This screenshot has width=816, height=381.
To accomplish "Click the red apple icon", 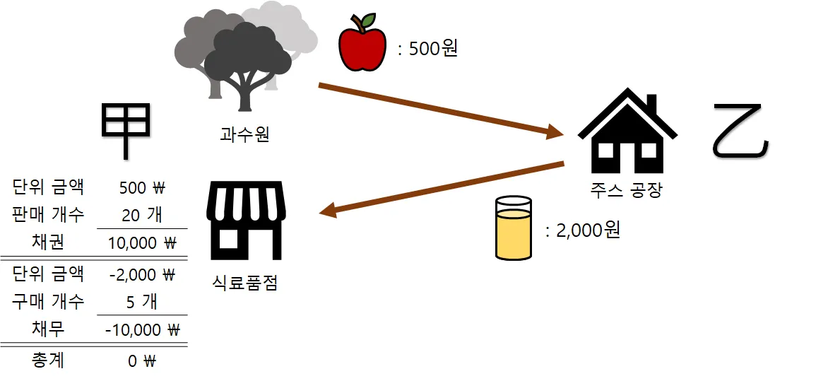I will (x=362, y=43).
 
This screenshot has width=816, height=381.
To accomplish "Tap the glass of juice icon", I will (x=514, y=228).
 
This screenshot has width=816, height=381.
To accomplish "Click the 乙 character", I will (x=740, y=131).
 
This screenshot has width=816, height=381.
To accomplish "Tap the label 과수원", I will (x=244, y=134).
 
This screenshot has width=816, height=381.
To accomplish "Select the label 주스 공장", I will (x=627, y=189).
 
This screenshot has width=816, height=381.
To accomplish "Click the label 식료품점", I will (x=244, y=283).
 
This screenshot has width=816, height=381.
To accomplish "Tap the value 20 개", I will (x=142, y=214).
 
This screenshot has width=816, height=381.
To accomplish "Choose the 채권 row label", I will (x=48, y=242).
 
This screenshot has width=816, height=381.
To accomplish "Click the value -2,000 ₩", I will (x=142, y=274).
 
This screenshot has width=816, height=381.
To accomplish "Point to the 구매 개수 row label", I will (x=48, y=301).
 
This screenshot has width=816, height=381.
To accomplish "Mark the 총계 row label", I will (x=48, y=361).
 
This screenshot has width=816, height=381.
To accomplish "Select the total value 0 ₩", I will (x=142, y=361).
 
